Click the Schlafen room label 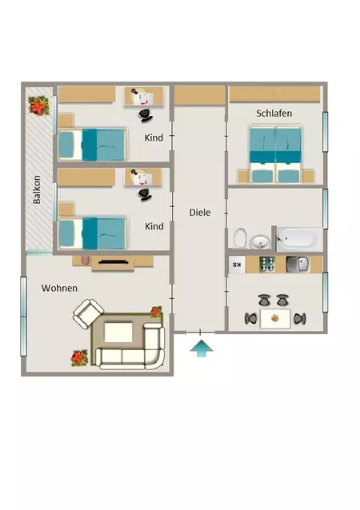click(x=274, y=114)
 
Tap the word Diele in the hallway click(x=200, y=213)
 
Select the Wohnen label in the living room click(x=59, y=289)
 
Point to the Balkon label click(x=37, y=189)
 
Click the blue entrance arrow click(x=202, y=348)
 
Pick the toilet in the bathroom click(x=240, y=237)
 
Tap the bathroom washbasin click(x=260, y=242)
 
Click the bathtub click(x=299, y=238)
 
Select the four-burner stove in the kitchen click(x=267, y=265)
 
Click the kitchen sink click(x=298, y=265)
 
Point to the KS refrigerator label click(x=238, y=265)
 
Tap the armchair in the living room click(x=88, y=313)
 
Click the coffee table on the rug click(x=118, y=332)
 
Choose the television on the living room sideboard click(x=113, y=262)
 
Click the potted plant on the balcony click(x=39, y=106)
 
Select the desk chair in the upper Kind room click(x=146, y=115)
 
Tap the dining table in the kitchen click(x=275, y=319)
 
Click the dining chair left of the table click(x=251, y=319)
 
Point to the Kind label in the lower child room click(x=154, y=226)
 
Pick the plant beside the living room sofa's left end click(x=79, y=358)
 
